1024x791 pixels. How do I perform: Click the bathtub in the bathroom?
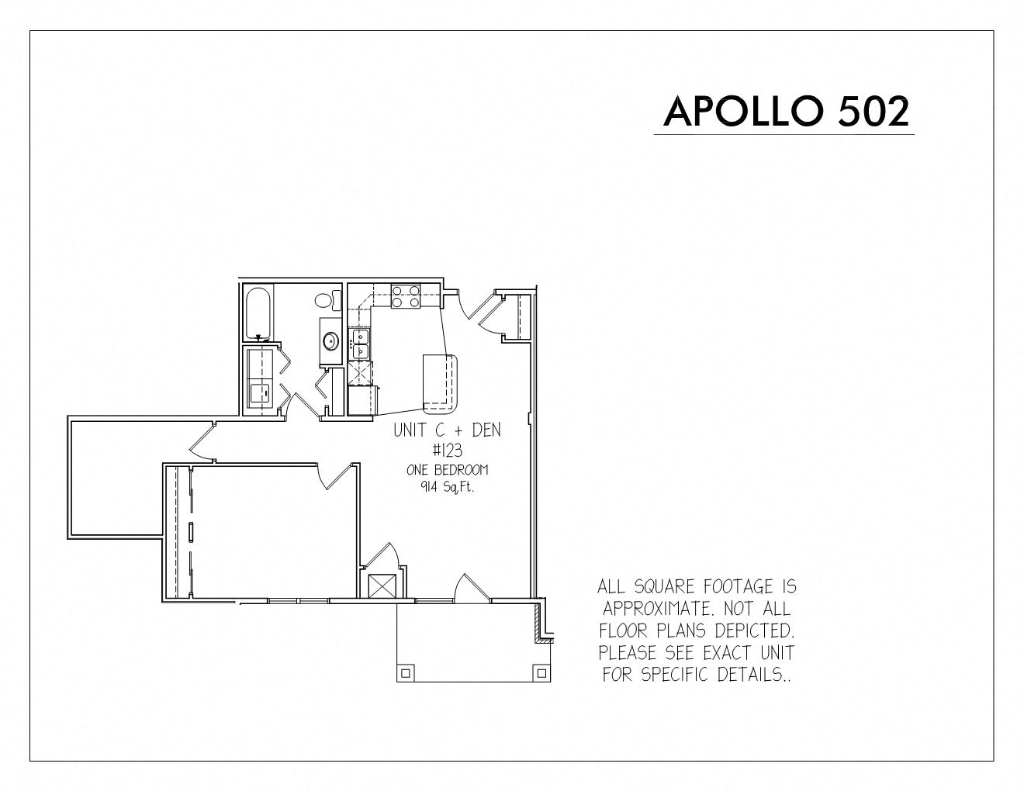[258, 313]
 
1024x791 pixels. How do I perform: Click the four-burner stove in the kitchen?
[405, 296]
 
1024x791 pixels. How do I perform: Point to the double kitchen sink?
[359, 344]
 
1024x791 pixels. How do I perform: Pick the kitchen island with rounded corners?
[441, 383]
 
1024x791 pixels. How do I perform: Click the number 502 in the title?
[874, 111]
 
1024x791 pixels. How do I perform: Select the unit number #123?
[448, 451]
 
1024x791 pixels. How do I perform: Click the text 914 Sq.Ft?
[447, 488]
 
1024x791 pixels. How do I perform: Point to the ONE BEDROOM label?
[447, 470]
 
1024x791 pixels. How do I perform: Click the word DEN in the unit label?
[486, 430]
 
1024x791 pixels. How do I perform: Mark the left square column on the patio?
[405, 673]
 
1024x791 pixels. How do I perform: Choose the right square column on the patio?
[541, 673]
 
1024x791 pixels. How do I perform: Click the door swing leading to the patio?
[472, 587]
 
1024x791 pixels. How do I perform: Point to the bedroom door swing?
[336, 477]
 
